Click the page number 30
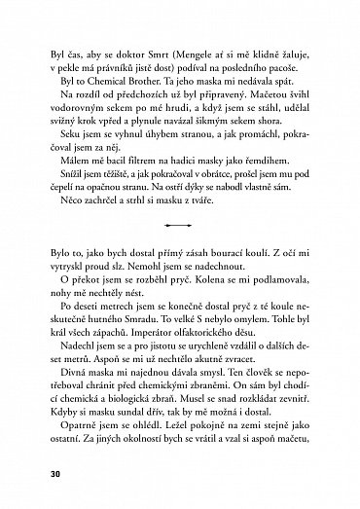click(x=37, y=474)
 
